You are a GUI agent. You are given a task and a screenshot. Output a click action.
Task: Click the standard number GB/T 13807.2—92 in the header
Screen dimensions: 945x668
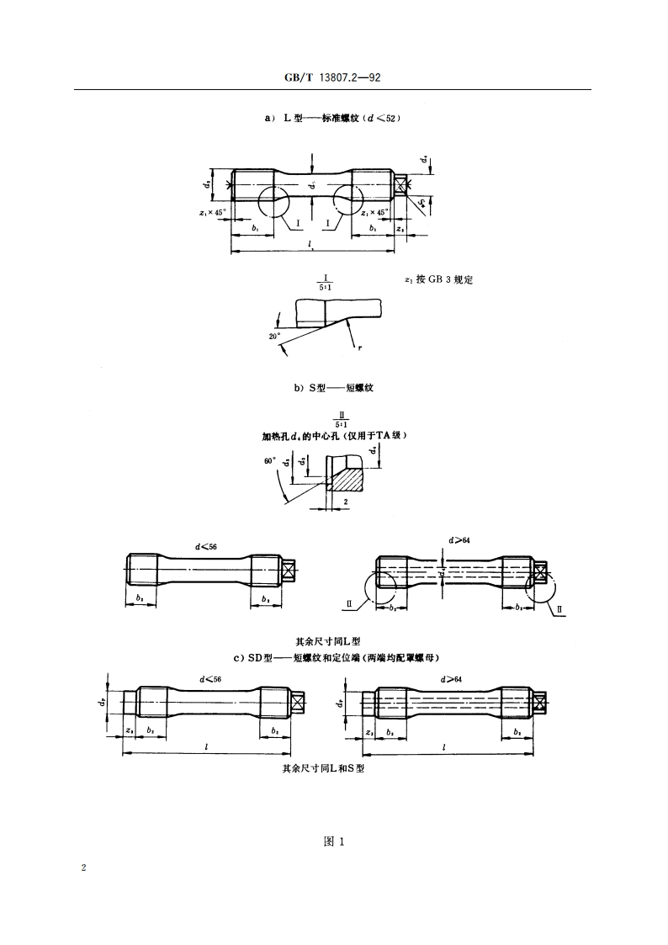point(334,78)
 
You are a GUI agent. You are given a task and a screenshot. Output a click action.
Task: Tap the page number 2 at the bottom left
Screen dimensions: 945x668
point(83,867)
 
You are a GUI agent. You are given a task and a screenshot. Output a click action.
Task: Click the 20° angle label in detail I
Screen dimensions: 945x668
point(274,336)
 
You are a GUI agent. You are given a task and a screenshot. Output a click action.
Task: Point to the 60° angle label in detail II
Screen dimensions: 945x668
point(269,460)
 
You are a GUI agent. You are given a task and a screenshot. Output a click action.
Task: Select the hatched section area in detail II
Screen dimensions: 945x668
point(347,480)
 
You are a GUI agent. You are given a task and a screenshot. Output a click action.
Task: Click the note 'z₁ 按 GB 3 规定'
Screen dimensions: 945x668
point(438,279)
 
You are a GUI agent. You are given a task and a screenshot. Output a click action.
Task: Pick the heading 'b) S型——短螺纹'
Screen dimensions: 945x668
point(333,388)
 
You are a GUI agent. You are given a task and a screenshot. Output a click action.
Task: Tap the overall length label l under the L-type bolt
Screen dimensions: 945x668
point(310,246)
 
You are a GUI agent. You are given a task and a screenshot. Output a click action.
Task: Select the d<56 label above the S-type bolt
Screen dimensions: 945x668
point(206,546)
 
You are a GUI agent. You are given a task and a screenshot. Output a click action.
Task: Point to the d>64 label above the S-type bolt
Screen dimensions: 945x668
point(459,539)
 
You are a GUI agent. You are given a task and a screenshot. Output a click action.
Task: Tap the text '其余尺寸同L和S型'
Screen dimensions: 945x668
point(323,767)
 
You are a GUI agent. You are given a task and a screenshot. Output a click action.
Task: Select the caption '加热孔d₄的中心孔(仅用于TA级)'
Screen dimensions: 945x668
point(335,436)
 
